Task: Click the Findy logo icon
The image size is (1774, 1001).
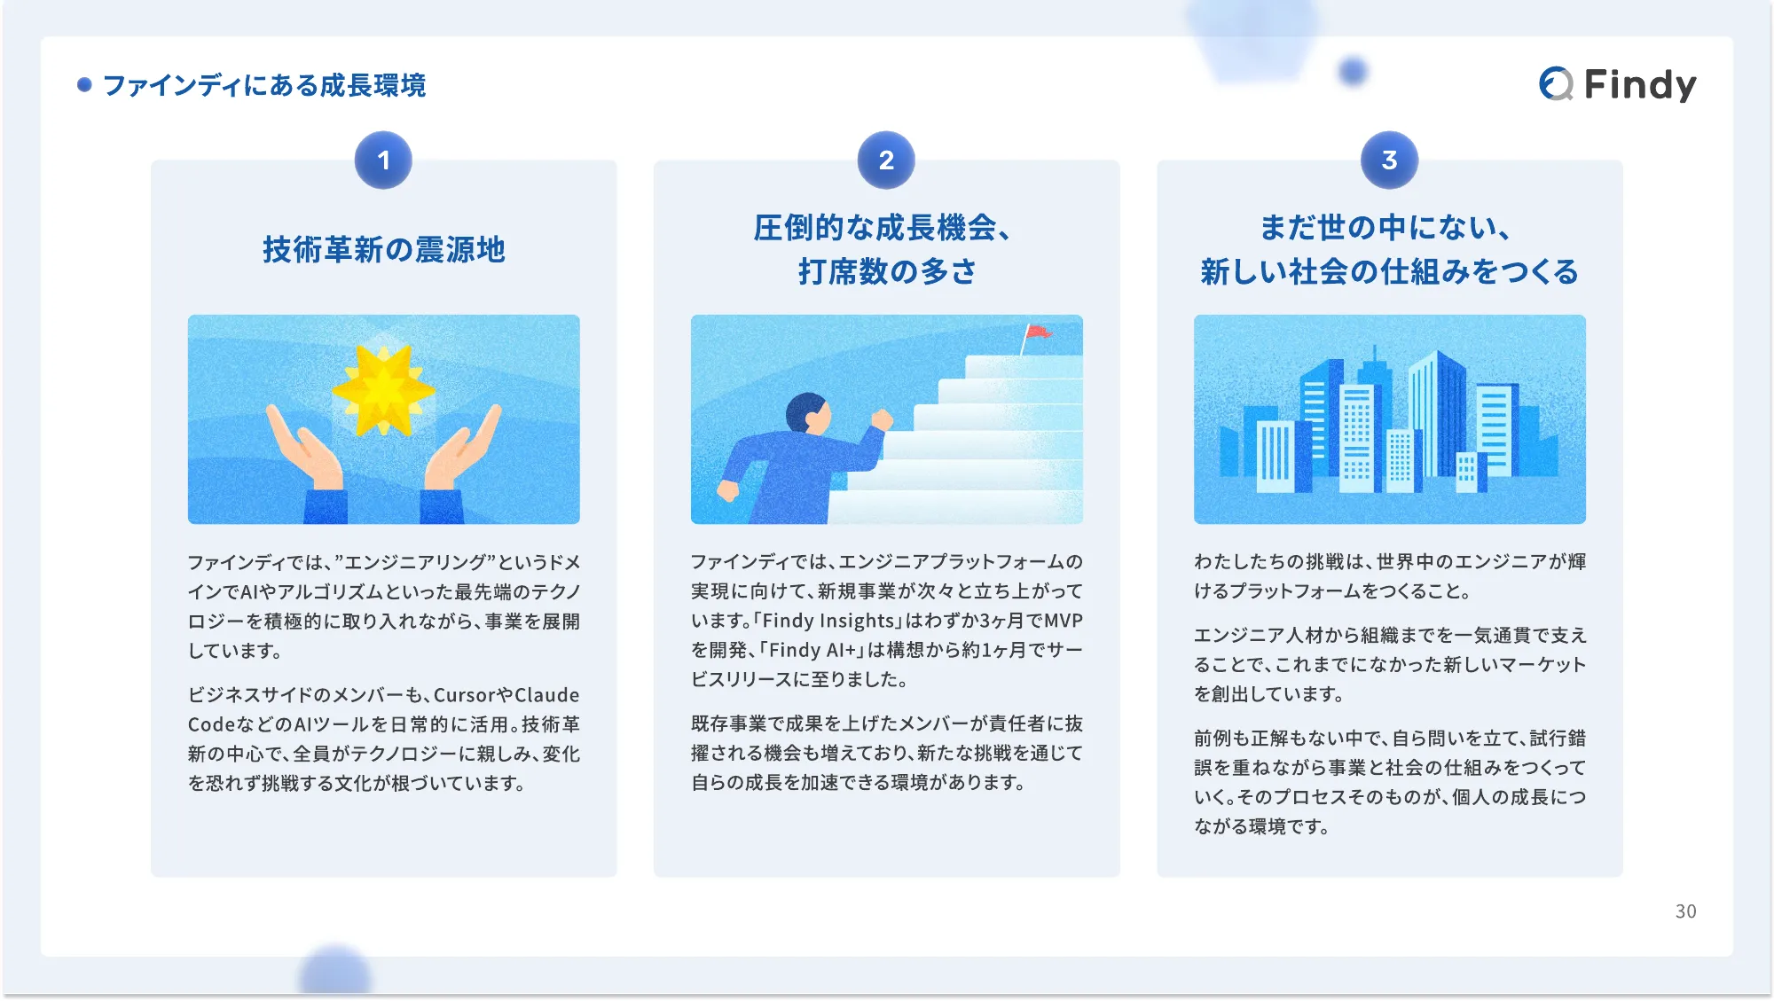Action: (x=1556, y=84)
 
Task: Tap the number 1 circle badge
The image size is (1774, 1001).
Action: (x=383, y=160)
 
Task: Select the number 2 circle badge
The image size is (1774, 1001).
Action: (x=886, y=160)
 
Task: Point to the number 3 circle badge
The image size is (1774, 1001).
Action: (x=1389, y=160)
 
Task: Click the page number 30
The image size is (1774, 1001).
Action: (x=1685, y=911)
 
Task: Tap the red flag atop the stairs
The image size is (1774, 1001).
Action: (x=1036, y=333)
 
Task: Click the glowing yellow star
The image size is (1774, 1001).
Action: (x=383, y=390)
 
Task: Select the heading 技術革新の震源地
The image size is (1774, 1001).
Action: (x=383, y=250)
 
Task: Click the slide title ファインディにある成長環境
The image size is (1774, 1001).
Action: (x=264, y=85)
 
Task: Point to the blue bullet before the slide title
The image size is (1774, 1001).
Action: (x=84, y=85)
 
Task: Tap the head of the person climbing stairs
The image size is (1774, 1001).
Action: (x=807, y=413)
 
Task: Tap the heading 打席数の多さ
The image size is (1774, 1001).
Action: (x=886, y=271)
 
